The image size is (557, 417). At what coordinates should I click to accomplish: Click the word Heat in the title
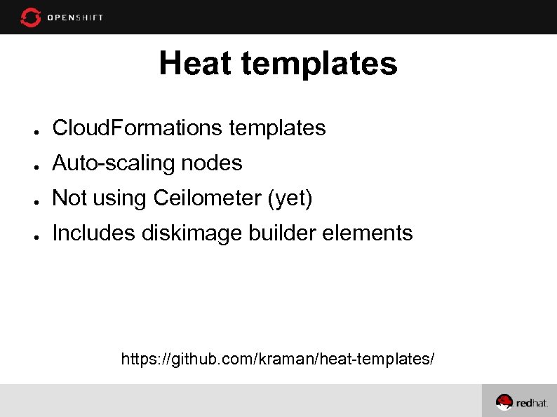(194, 63)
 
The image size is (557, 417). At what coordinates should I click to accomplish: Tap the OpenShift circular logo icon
(31, 17)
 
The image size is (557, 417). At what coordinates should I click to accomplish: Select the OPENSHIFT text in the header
(75, 18)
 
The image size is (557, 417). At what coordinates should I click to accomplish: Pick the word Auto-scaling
(114, 163)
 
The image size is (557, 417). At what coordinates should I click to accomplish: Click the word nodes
(212, 163)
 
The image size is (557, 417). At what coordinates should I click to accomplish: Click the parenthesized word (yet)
(290, 199)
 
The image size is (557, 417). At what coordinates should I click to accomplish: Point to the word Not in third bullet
(69, 198)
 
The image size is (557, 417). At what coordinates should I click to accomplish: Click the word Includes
(93, 233)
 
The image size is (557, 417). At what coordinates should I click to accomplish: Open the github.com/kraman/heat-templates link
(278, 360)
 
